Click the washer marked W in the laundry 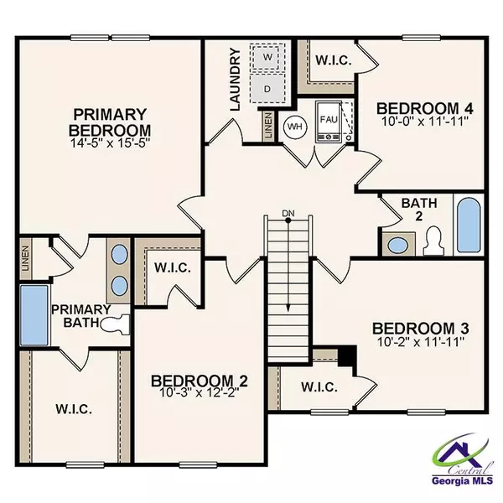pos(267,56)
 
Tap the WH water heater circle pos(294,127)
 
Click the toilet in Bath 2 pos(430,242)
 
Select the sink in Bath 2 pos(395,246)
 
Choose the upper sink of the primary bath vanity pos(118,255)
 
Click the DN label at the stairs pos(288,213)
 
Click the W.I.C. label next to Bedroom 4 pos(333,60)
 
